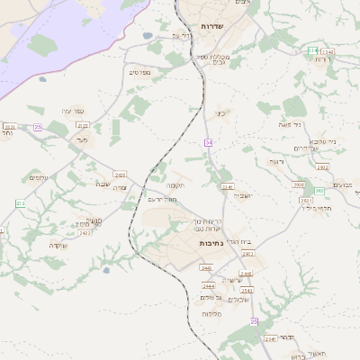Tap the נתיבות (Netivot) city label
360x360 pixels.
coord(211,243)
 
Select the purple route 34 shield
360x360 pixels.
coord(208,142)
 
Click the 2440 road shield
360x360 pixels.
coord(207,267)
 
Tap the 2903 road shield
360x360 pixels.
coord(248,255)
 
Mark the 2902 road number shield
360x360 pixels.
coord(321,167)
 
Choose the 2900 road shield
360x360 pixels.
coord(299,184)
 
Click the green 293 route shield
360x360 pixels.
coord(311,51)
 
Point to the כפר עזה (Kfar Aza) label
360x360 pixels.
coord(72,110)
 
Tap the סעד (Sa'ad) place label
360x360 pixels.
coord(82,139)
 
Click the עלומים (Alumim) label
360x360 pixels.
coord(39,177)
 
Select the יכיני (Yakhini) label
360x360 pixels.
coord(220,113)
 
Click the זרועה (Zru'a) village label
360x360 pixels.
coord(275,161)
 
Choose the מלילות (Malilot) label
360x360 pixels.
coord(212,312)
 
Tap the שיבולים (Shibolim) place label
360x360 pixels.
coord(237,298)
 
